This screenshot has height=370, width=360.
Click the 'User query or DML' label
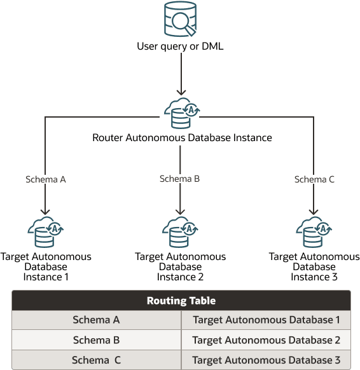click(x=180, y=46)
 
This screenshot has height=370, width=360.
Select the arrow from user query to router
click(x=183, y=73)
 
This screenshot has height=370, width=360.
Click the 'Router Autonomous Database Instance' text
click(x=182, y=137)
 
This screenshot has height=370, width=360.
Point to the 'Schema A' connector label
click(x=45, y=179)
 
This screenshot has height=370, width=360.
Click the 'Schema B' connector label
click(x=179, y=179)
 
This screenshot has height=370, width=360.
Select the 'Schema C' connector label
click(x=314, y=179)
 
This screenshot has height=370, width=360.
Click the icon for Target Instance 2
click(x=180, y=233)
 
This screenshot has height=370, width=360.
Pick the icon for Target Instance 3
click(x=314, y=233)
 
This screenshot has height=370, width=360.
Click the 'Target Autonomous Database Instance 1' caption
click(x=46, y=267)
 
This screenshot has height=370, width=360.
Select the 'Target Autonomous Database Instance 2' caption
click(x=180, y=267)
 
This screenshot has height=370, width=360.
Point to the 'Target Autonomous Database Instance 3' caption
click(x=314, y=267)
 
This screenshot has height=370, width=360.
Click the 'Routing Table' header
click(x=181, y=301)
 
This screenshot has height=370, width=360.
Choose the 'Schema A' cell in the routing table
click(x=96, y=320)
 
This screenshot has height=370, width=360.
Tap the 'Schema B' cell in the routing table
click(x=96, y=340)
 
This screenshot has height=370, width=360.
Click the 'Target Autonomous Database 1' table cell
click(x=266, y=320)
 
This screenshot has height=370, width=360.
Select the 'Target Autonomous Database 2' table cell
click(x=266, y=340)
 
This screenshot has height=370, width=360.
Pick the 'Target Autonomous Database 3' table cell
click(x=266, y=360)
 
